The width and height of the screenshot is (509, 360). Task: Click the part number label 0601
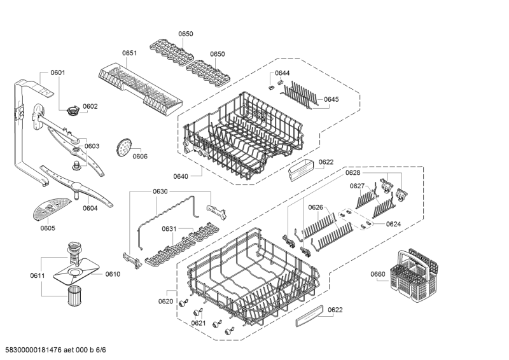[x=58, y=73]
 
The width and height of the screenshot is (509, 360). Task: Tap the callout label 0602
[x=90, y=106]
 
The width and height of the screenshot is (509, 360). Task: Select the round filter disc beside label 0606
[x=123, y=148]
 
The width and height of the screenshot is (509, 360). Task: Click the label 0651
[x=130, y=54]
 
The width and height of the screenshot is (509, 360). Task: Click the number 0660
[x=379, y=274]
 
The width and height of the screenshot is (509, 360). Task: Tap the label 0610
[x=113, y=274]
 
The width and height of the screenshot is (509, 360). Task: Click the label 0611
[x=38, y=275]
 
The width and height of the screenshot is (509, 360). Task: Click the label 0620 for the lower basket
[x=166, y=301]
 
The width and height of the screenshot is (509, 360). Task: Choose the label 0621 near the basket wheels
[x=199, y=324]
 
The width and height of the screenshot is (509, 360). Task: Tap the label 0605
[x=48, y=228]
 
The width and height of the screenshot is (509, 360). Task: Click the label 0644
[x=282, y=73]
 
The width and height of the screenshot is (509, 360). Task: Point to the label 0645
[x=331, y=99]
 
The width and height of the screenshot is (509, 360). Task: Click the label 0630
[x=160, y=191]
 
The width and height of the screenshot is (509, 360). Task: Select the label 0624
[x=393, y=224]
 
